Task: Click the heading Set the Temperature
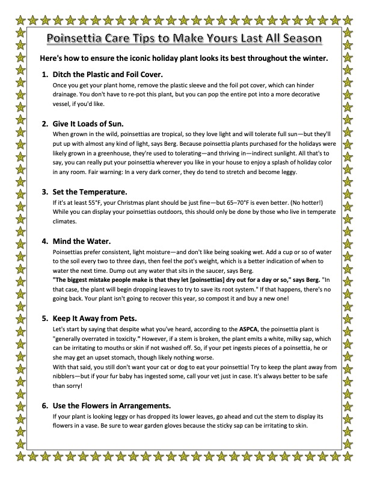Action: (91, 192)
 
